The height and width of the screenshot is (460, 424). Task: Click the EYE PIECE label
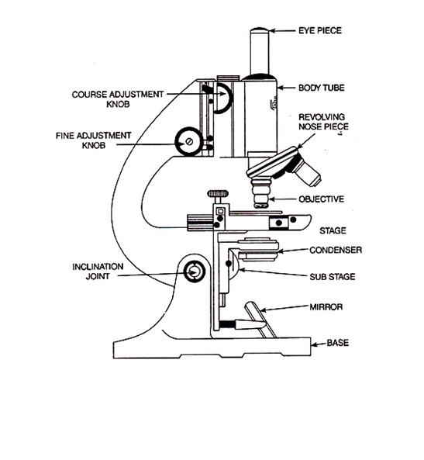(x=321, y=32)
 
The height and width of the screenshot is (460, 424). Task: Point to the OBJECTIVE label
(x=322, y=199)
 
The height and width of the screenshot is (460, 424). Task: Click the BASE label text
(x=326, y=341)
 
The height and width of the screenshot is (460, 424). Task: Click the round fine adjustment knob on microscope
(x=189, y=141)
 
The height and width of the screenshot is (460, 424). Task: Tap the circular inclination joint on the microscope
(x=195, y=272)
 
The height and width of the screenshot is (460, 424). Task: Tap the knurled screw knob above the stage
(x=217, y=192)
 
